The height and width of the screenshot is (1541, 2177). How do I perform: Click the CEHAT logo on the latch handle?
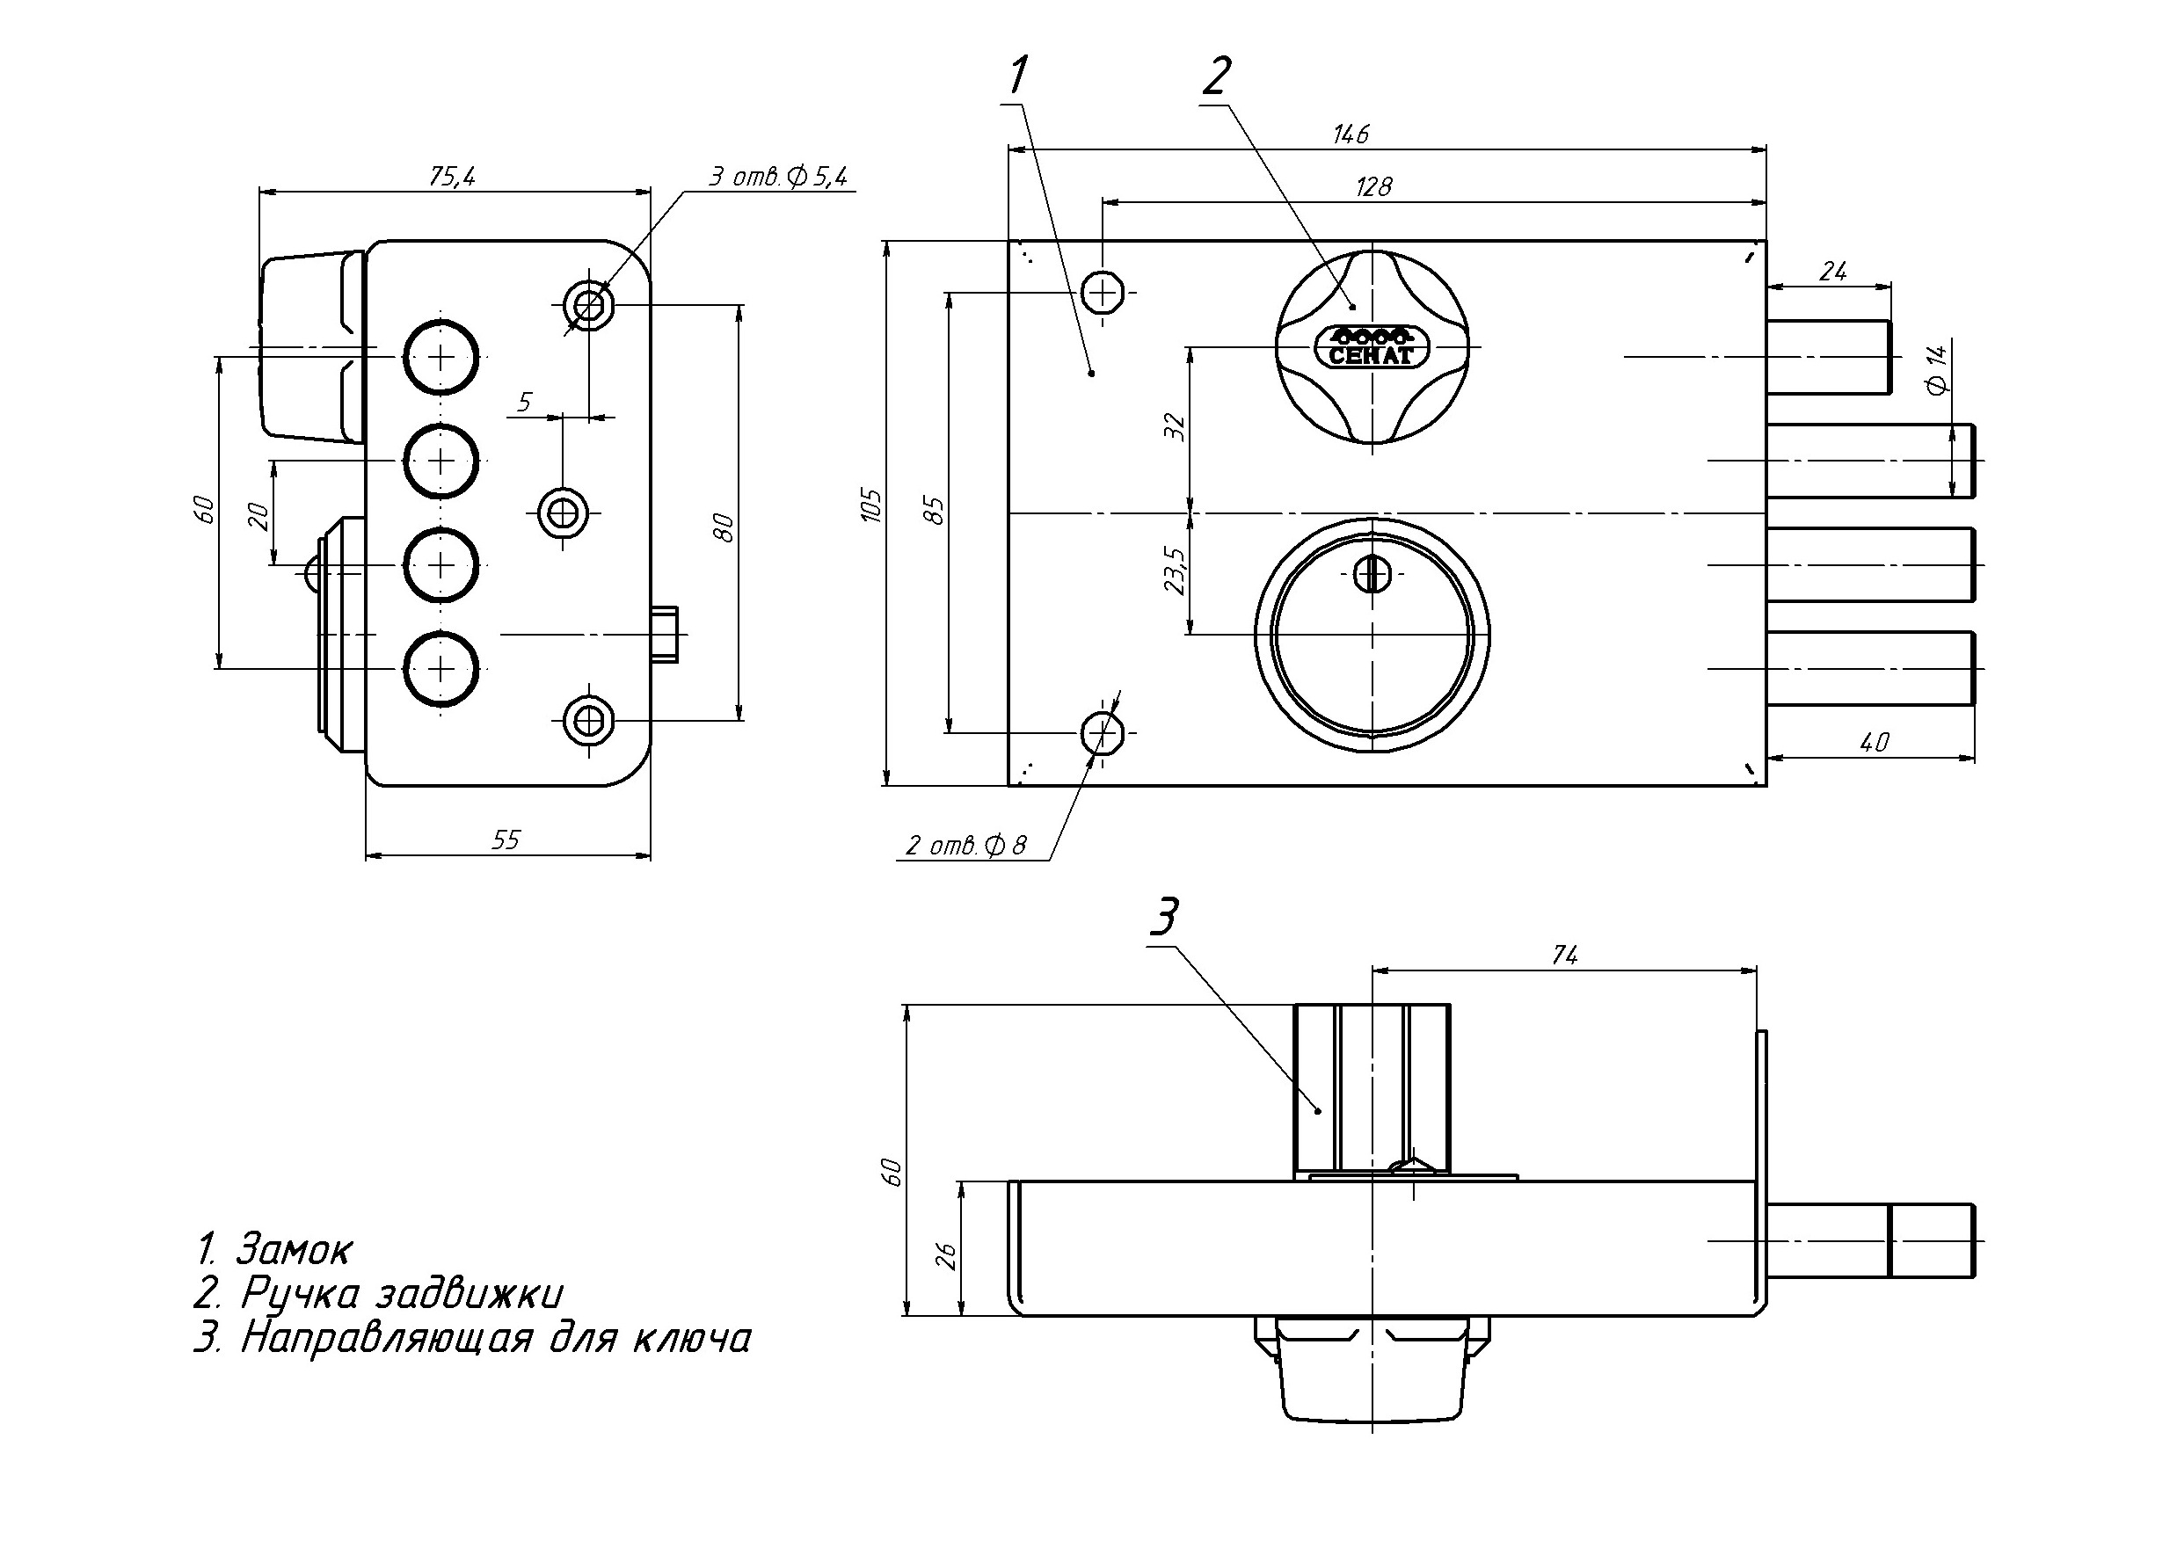tap(1372, 348)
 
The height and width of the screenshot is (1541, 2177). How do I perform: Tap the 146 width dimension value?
tap(1351, 134)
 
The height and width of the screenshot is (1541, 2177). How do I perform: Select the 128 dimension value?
tap(1373, 187)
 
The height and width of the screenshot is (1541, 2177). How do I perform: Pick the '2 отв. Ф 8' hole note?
tap(966, 846)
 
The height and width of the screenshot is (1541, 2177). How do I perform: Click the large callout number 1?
tap(1018, 76)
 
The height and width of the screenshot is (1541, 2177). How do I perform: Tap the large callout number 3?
tap(1163, 917)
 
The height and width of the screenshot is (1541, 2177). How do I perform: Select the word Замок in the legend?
tap(295, 1249)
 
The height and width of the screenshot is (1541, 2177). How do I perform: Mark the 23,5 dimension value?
tap(1175, 571)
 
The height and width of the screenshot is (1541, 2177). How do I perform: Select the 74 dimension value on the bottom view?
tap(1564, 956)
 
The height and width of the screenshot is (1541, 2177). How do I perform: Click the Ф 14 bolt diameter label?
tap(1936, 368)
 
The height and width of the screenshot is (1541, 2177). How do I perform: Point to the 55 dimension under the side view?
tap(506, 840)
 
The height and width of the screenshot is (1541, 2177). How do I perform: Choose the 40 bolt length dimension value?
tap(1875, 742)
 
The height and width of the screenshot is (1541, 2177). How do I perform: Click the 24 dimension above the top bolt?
tap(1832, 272)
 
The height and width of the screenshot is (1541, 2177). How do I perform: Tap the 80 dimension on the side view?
tap(725, 527)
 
